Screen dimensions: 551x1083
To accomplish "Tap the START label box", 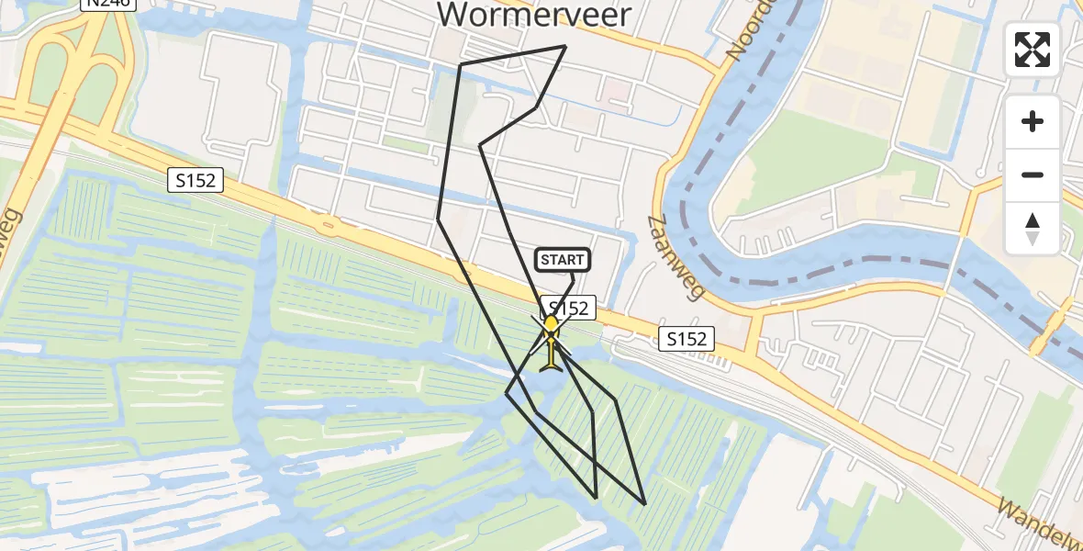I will click(x=562, y=260).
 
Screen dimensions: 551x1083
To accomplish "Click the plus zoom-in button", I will click(x=1033, y=121).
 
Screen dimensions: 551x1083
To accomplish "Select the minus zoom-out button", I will click(x=1033, y=174).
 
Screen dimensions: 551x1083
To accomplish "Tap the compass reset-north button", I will click(x=1033, y=228).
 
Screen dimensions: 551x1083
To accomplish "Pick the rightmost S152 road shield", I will click(x=687, y=339).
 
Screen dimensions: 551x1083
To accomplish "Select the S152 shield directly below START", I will click(x=570, y=307).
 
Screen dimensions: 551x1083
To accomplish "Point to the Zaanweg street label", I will click(x=675, y=259).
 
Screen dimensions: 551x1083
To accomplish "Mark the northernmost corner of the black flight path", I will click(x=565, y=46).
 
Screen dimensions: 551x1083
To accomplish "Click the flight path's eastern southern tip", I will click(x=646, y=504).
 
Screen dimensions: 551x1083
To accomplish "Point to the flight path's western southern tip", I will click(x=597, y=499).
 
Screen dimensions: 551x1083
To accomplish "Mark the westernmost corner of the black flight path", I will click(x=438, y=219).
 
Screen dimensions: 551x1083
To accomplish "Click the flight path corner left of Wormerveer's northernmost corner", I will click(x=460, y=65).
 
